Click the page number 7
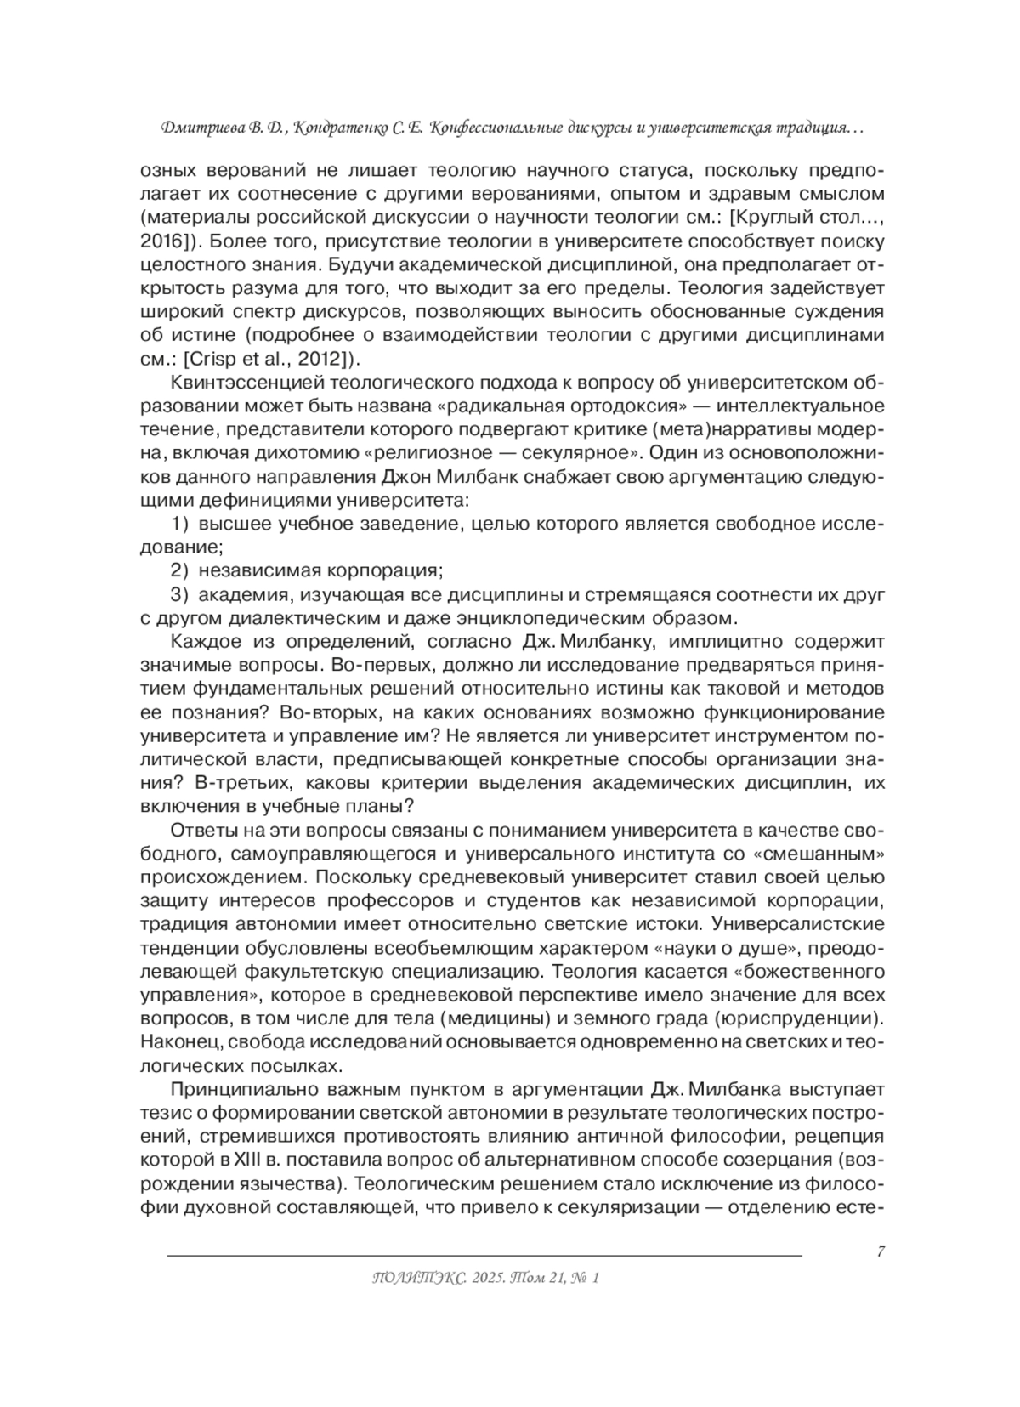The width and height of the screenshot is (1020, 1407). [880, 1251]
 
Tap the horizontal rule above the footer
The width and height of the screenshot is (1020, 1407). [484, 1256]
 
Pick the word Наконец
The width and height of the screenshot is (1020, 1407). [178, 1041]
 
